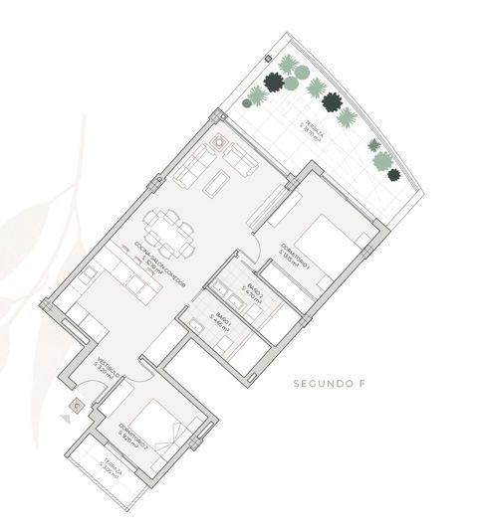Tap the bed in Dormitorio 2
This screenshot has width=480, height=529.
coord(159,428)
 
